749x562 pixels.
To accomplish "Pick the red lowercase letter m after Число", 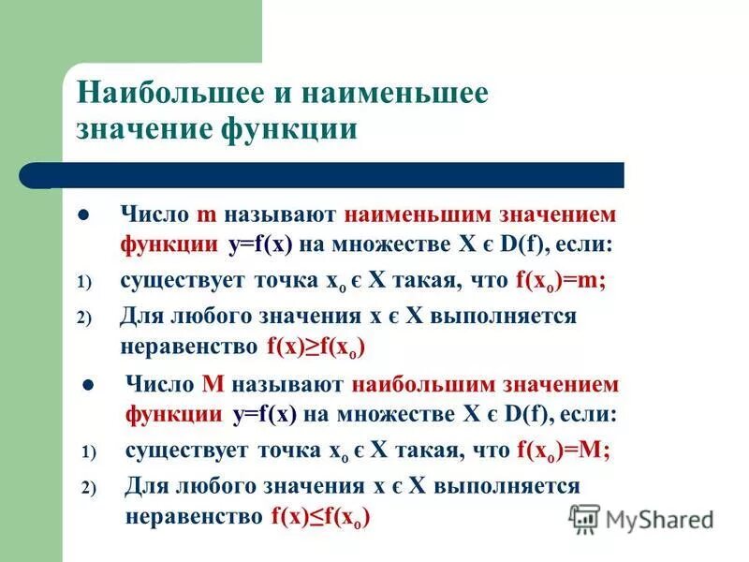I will (x=207, y=214).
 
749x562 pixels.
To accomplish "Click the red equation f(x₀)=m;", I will (x=559, y=280).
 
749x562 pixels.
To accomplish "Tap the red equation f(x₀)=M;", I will (x=563, y=451).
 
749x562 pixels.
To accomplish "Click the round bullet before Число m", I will (x=83, y=215).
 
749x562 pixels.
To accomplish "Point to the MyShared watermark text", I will (x=659, y=519).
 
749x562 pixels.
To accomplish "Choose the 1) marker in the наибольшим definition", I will (x=89, y=451).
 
